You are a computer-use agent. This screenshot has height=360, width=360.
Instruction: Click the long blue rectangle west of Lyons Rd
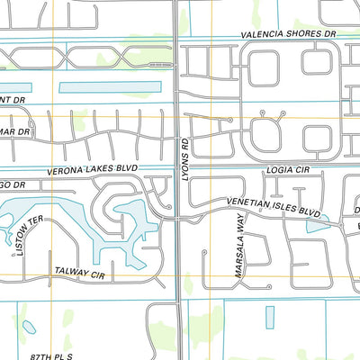109,88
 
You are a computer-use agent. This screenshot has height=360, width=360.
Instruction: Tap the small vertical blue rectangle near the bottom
271,318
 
